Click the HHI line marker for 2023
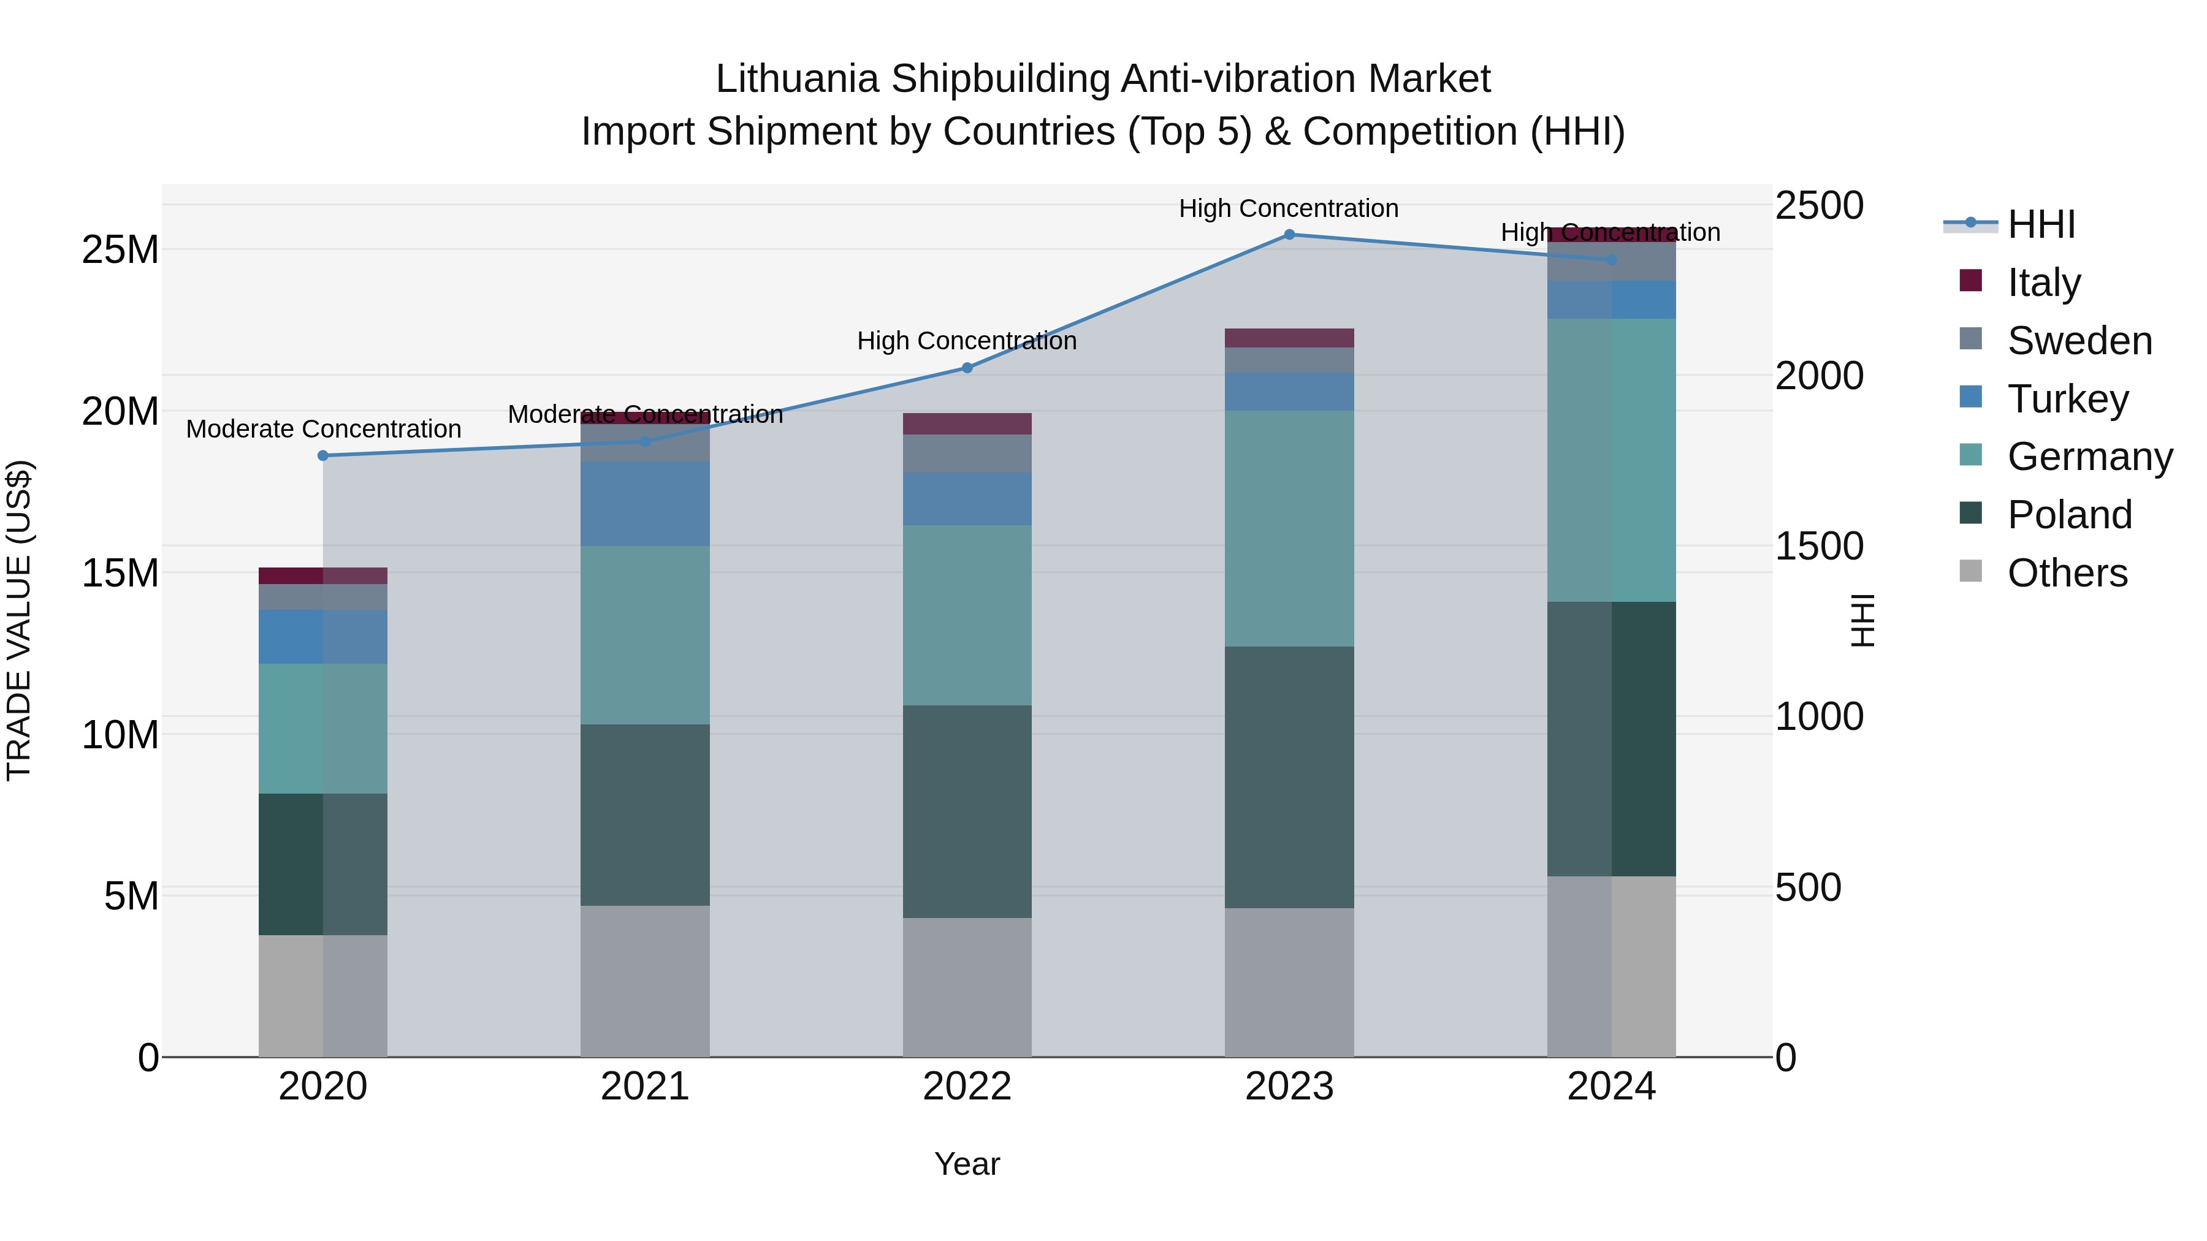click(x=1289, y=235)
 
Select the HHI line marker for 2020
click(x=323, y=455)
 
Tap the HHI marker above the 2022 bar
click(x=967, y=368)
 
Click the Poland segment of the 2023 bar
click(x=1289, y=777)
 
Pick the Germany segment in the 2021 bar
click(x=645, y=635)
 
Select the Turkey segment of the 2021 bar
click(x=645, y=504)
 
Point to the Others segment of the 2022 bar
click(x=967, y=987)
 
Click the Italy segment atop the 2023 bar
click(x=1289, y=338)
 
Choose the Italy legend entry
click(x=2043, y=282)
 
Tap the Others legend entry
click(x=2067, y=572)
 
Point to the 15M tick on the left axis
click(x=120, y=572)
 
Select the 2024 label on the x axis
click(x=1610, y=1087)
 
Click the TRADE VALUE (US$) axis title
click(x=19, y=620)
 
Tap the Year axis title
click(x=967, y=1164)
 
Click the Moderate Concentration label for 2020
click(x=323, y=428)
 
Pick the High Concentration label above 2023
click(x=1289, y=208)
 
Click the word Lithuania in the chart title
click(x=797, y=79)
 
